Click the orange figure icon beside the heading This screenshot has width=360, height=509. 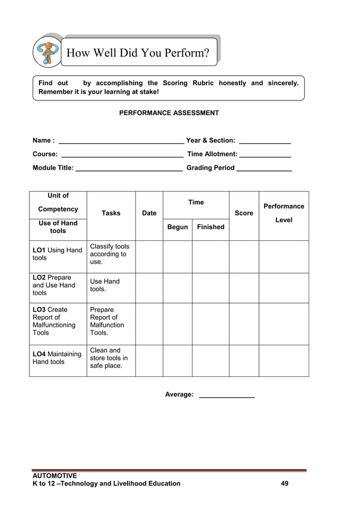[48, 52]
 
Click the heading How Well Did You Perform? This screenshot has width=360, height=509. [138, 54]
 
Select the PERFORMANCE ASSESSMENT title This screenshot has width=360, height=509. [169, 113]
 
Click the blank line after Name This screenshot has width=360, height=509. [121, 142]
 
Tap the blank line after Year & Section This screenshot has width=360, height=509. [265, 142]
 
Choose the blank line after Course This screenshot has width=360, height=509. [121, 155]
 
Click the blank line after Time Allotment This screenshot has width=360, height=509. [265, 155]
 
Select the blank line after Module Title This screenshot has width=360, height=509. [129, 169]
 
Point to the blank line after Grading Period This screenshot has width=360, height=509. [264, 169]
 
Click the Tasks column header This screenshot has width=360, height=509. [111, 213]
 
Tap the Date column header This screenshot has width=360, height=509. [149, 213]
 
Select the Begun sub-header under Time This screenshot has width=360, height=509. [177, 227]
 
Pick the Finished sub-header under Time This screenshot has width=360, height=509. [210, 227]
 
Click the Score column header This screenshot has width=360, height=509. [244, 213]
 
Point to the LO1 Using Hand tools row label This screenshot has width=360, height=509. [58, 254]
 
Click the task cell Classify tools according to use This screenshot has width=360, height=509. [109, 254]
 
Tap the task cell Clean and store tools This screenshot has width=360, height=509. [109, 358]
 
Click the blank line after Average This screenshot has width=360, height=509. [227, 396]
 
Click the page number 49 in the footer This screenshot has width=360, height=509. [284, 484]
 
